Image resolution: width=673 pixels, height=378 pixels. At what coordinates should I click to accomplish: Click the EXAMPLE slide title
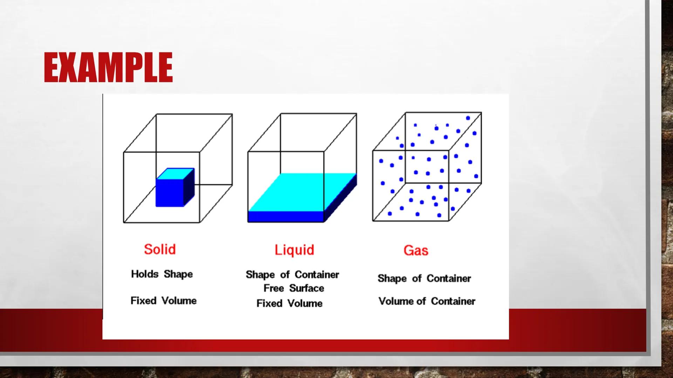[108, 68]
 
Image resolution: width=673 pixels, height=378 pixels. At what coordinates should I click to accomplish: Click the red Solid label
[160, 250]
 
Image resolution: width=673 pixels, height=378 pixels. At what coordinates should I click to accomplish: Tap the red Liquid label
[294, 250]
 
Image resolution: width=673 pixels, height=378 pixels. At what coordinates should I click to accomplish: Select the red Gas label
[416, 251]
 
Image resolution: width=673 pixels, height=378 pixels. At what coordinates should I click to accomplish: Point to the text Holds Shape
[162, 274]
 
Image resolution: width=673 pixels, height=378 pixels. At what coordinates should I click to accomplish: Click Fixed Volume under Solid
[163, 301]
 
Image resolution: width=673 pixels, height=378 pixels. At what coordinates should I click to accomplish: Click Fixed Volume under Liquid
[290, 303]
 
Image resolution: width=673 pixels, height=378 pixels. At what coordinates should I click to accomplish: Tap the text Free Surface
[294, 288]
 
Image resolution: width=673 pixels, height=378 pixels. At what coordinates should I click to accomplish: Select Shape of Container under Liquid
[292, 275]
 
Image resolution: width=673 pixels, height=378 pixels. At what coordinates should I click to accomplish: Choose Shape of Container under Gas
[424, 279]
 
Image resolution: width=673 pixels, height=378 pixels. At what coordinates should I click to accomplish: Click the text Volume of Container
[427, 301]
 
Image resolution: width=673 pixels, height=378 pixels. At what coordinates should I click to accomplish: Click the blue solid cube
[170, 192]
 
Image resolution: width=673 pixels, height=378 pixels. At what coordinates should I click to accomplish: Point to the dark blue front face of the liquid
[285, 217]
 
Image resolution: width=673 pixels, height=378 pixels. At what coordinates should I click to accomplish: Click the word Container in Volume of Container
[453, 301]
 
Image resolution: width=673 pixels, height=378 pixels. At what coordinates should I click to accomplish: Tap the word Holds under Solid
[145, 274]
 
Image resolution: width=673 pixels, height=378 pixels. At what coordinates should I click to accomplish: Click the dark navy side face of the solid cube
[189, 187]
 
